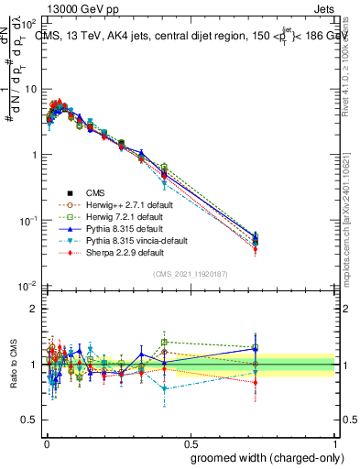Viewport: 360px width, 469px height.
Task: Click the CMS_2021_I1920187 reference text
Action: pos(190,274)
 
